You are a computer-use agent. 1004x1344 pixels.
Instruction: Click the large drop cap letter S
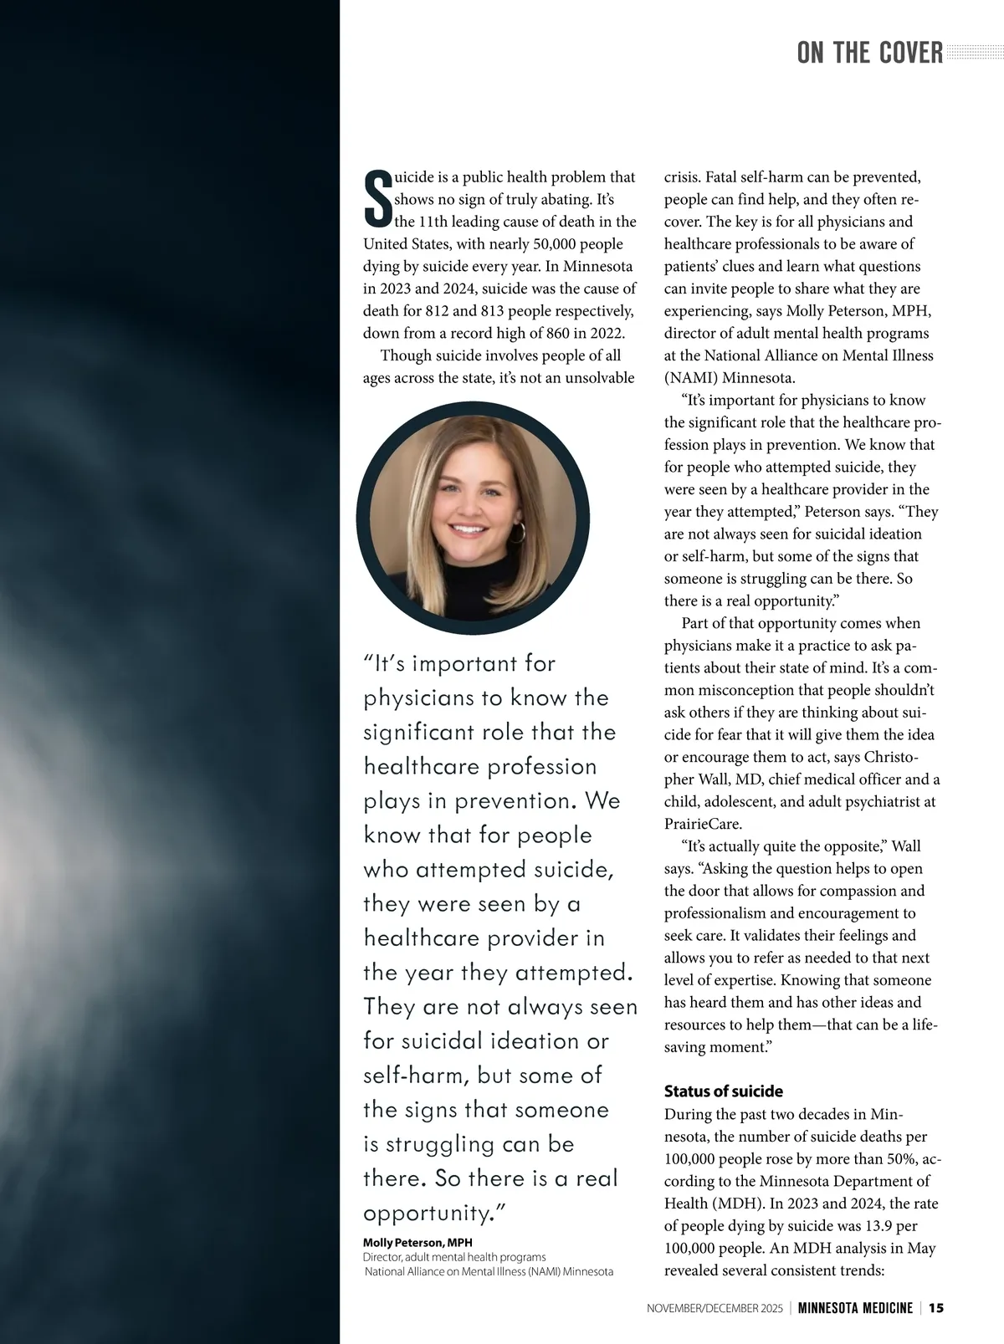pyautogui.click(x=378, y=199)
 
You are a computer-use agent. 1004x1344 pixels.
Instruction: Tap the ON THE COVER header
pyautogui.click(x=869, y=54)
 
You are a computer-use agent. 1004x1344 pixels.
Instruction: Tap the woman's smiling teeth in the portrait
pyautogui.click(x=468, y=529)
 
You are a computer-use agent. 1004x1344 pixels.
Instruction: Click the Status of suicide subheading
pyautogui.click(x=723, y=1091)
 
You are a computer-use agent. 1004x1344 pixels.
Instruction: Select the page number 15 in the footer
pyautogui.click(x=936, y=1308)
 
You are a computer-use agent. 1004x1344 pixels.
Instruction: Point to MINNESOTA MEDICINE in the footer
pyautogui.click(x=854, y=1308)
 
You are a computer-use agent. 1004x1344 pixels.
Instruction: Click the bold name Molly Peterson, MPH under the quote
pyautogui.click(x=417, y=1243)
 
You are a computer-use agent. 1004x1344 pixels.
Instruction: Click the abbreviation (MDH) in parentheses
pyautogui.click(x=740, y=1203)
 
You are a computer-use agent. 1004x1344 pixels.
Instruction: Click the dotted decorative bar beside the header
pyautogui.click(x=974, y=54)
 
